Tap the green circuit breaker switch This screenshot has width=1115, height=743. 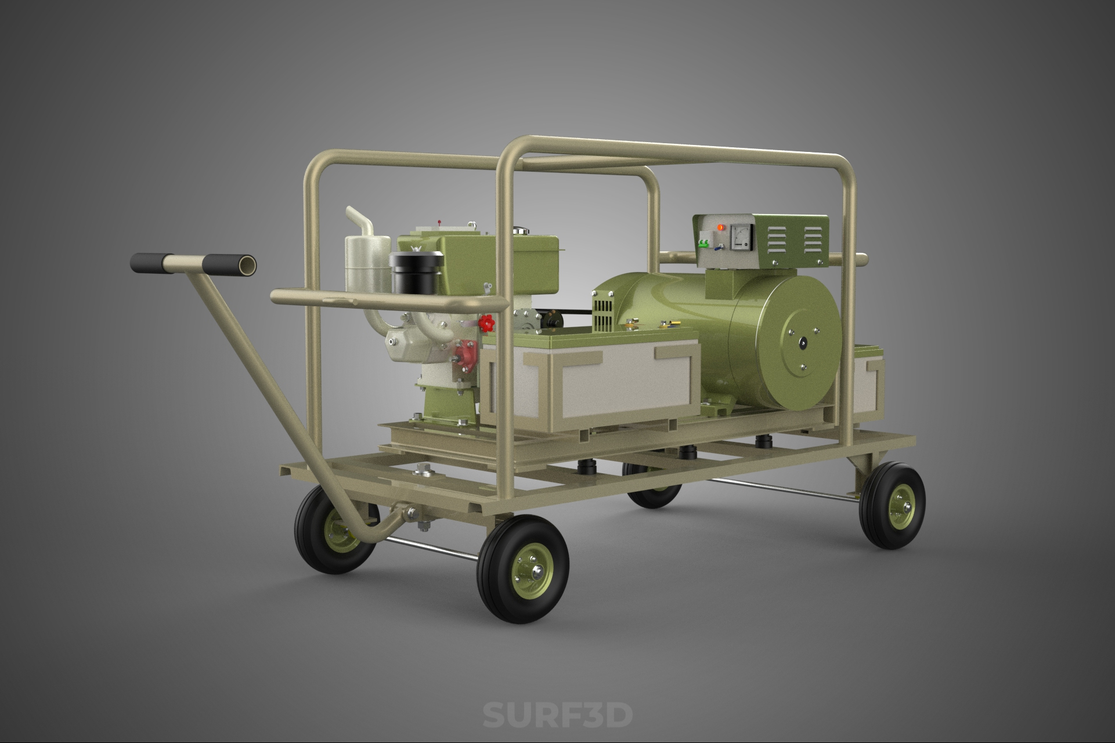(704, 244)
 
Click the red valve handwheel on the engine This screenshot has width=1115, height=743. (488, 322)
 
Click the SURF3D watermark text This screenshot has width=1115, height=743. (557, 715)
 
